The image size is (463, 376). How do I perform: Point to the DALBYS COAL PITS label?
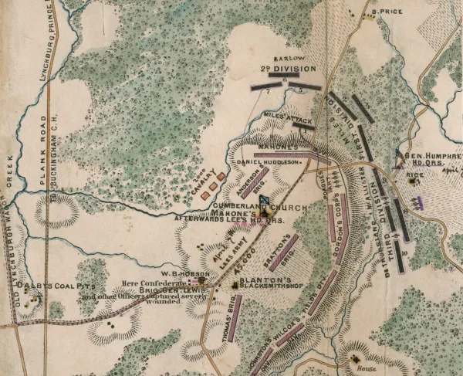click(50, 285)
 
